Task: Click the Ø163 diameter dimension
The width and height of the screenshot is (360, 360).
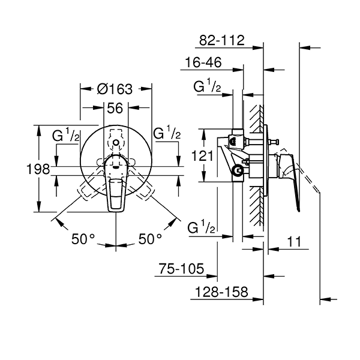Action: (x=114, y=89)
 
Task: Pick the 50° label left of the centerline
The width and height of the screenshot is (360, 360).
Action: (x=83, y=238)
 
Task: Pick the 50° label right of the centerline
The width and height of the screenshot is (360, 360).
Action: (x=150, y=238)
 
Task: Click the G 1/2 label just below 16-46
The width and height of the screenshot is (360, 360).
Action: (x=208, y=87)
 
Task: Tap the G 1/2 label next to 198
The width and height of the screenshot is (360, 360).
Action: (x=66, y=134)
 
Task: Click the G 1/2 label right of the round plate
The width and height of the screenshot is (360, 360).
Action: (x=167, y=133)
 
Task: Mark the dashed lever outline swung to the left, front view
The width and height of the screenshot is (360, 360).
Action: (x=87, y=189)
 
